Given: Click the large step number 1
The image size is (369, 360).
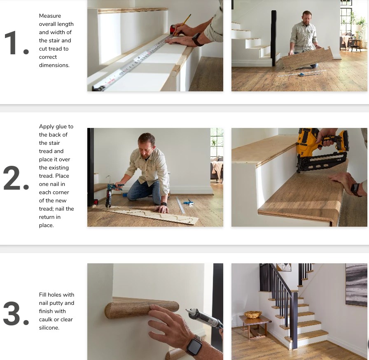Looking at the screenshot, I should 16,43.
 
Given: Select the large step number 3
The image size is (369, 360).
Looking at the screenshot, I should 16,314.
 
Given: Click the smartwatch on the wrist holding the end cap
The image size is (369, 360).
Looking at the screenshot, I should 194,345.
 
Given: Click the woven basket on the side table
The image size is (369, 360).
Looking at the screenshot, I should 252,315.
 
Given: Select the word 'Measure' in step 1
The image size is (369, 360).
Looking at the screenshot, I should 50,16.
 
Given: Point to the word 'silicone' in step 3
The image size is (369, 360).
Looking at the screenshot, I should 49,328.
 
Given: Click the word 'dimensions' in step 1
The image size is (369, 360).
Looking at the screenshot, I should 54,65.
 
